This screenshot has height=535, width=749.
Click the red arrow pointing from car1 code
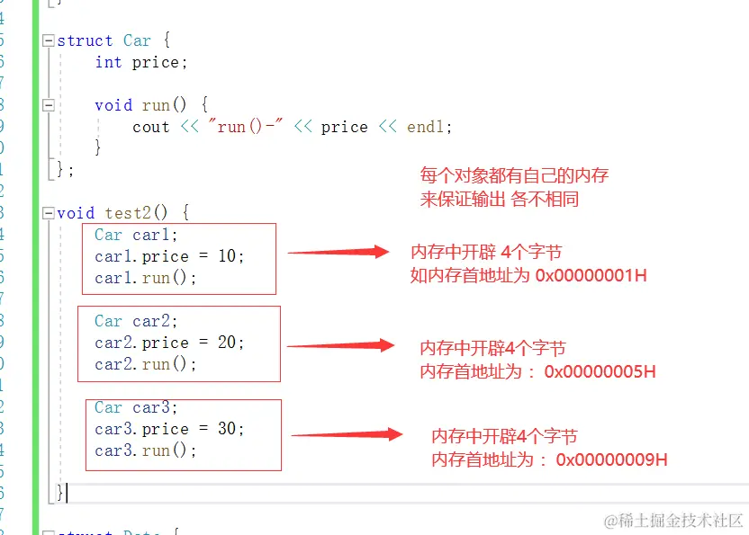point(338,253)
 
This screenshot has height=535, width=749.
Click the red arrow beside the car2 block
point(340,345)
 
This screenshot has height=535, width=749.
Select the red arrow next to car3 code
point(346,435)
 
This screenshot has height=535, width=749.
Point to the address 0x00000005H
point(600,371)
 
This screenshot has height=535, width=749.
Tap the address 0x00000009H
point(611,459)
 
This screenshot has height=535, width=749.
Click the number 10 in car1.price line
point(227,256)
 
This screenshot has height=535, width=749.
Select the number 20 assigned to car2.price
point(227,343)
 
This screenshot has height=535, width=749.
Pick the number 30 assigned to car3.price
point(227,429)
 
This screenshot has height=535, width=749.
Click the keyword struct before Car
point(85,40)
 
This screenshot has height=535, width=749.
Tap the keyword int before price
point(108,62)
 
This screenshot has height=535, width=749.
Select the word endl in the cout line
point(426,127)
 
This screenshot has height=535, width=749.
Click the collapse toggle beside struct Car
point(49,40)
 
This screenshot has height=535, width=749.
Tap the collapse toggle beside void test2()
point(49,213)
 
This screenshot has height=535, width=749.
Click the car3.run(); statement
point(145,450)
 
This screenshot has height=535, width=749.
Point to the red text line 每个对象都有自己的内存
point(520,175)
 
